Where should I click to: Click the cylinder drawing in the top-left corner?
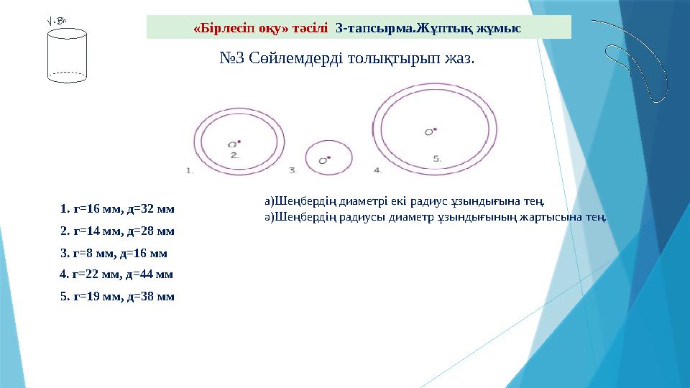point(66,56)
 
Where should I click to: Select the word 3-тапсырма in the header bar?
point(371,28)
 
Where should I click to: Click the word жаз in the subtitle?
point(459,57)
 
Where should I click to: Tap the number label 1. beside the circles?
point(190,171)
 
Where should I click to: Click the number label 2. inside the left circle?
point(234,154)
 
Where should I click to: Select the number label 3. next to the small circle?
point(293,171)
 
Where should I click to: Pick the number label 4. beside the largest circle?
point(377,171)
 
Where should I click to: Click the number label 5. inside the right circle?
point(436,157)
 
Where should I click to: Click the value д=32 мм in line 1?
point(151,209)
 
